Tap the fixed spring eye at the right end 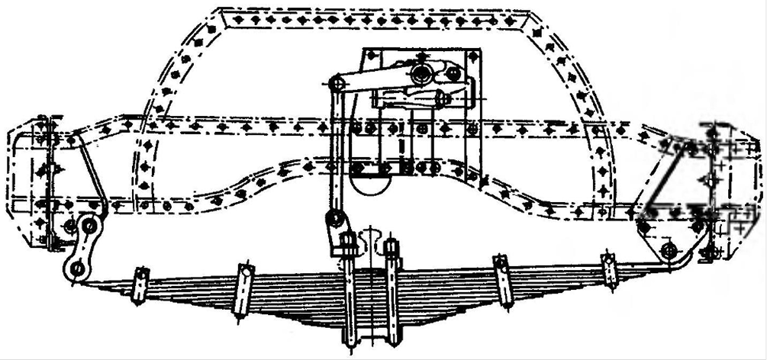669,251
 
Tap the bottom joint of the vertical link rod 334,220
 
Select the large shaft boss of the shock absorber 420,75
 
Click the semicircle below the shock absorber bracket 373,184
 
